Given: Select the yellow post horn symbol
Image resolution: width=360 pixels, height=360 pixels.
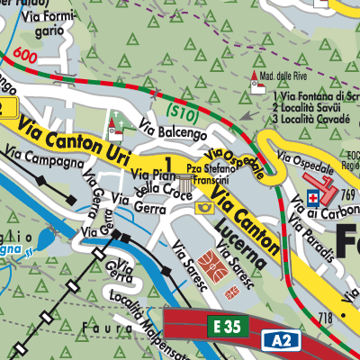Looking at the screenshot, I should tap(205, 208).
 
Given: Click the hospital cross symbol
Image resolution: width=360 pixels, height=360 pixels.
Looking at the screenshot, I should tap(313, 197).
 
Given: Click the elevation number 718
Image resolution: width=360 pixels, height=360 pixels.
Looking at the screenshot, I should tap(325, 319).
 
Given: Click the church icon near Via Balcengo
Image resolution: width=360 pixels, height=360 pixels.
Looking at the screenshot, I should tap(113, 125).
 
